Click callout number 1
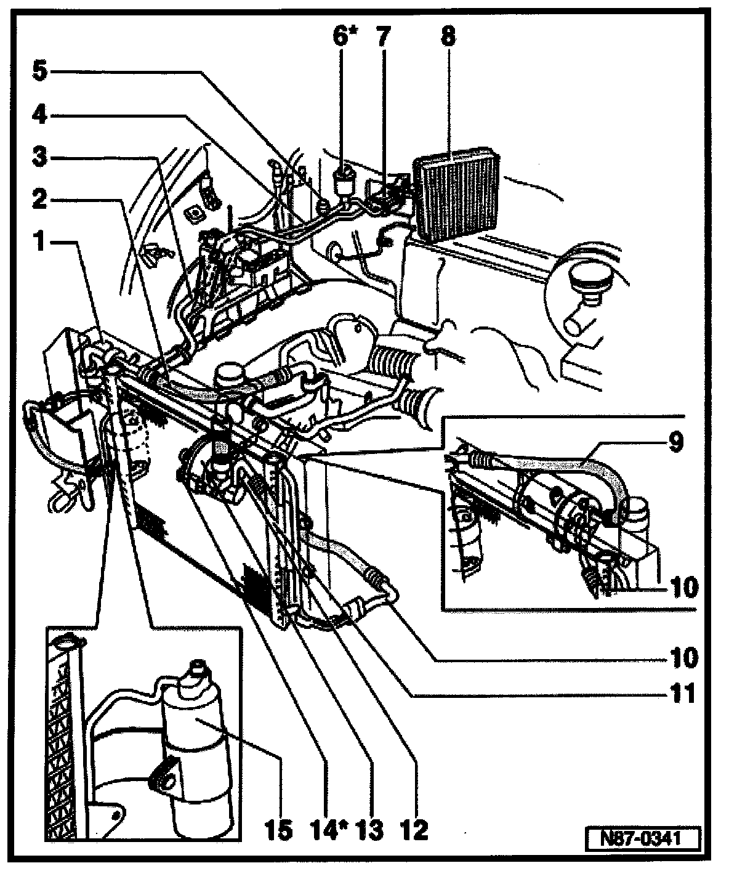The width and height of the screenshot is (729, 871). click(x=39, y=242)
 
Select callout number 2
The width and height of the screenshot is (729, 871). click(x=39, y=200)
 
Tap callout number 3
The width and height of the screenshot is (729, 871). click(x=39, y=158)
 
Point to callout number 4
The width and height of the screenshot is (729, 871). click(x=39, y=115)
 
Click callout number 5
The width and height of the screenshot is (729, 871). click(x=39, y=71)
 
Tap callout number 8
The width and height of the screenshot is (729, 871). click(x=448, y=38)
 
